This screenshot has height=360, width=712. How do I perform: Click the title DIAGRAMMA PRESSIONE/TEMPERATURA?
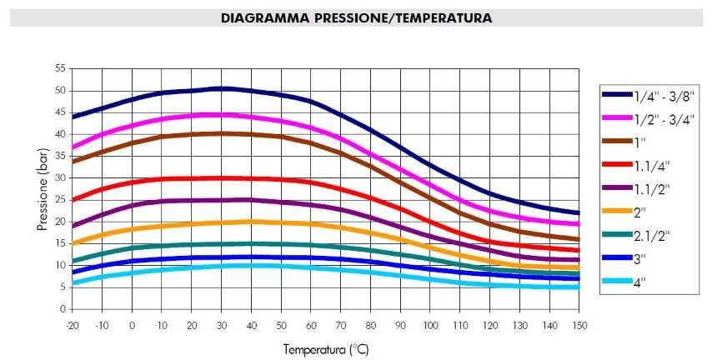(356, 17)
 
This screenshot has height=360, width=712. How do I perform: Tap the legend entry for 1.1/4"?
(641, 165)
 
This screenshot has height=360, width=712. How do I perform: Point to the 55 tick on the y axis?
(60, 68)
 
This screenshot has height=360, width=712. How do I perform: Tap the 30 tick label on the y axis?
(60, 177)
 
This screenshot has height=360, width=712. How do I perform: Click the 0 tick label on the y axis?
(63, 309)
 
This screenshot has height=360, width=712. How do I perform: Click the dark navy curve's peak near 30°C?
(222, 87)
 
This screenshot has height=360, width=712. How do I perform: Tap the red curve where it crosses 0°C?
(133, 182)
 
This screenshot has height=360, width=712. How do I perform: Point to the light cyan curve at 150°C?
(577, 287)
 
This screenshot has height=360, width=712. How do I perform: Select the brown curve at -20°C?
(74, 161)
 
